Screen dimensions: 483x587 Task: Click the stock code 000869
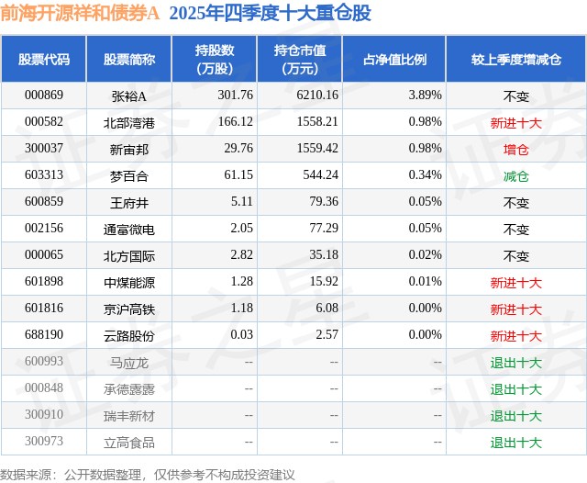click(44, 95)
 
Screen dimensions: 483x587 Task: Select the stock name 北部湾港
click(128, 121)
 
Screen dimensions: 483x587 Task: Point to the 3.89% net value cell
click(425, 95)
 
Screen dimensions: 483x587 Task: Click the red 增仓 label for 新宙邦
click(516, 149)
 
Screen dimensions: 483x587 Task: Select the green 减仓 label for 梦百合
click(516, 175)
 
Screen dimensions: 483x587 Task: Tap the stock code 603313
click(44, 175)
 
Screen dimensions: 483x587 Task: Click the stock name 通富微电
click(128, 229)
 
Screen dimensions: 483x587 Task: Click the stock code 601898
click(44, 282)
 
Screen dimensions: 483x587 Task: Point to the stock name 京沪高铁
click(128, 309)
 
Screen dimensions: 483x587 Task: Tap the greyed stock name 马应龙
click(128, 363)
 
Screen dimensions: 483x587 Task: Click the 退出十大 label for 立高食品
click(516, 443)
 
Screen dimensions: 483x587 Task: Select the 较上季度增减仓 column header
click(516, 60)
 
